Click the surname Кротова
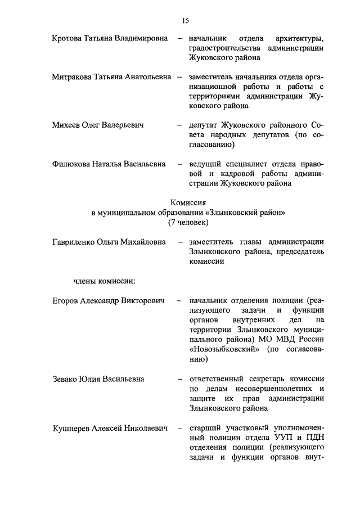[x=66, y=39]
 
